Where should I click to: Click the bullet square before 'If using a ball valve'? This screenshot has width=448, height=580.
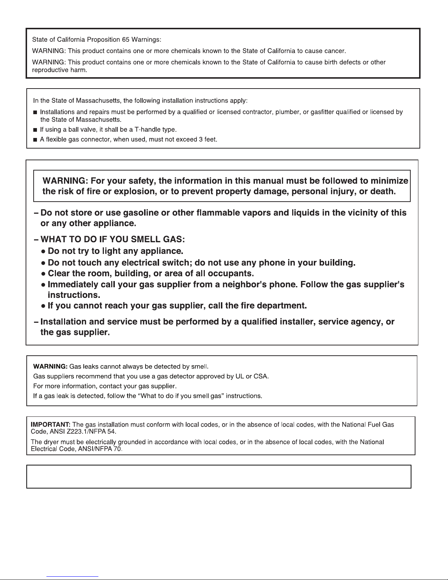click(x=35, y=130)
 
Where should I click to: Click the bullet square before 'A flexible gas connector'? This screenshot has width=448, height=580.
click(x=35, y=140)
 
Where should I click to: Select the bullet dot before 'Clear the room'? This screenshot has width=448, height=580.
click(x=43, y=274)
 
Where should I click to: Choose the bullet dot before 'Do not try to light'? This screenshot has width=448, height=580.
click(x=43, y=252)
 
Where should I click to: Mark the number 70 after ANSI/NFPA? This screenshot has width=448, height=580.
click(x=117, y=449)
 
